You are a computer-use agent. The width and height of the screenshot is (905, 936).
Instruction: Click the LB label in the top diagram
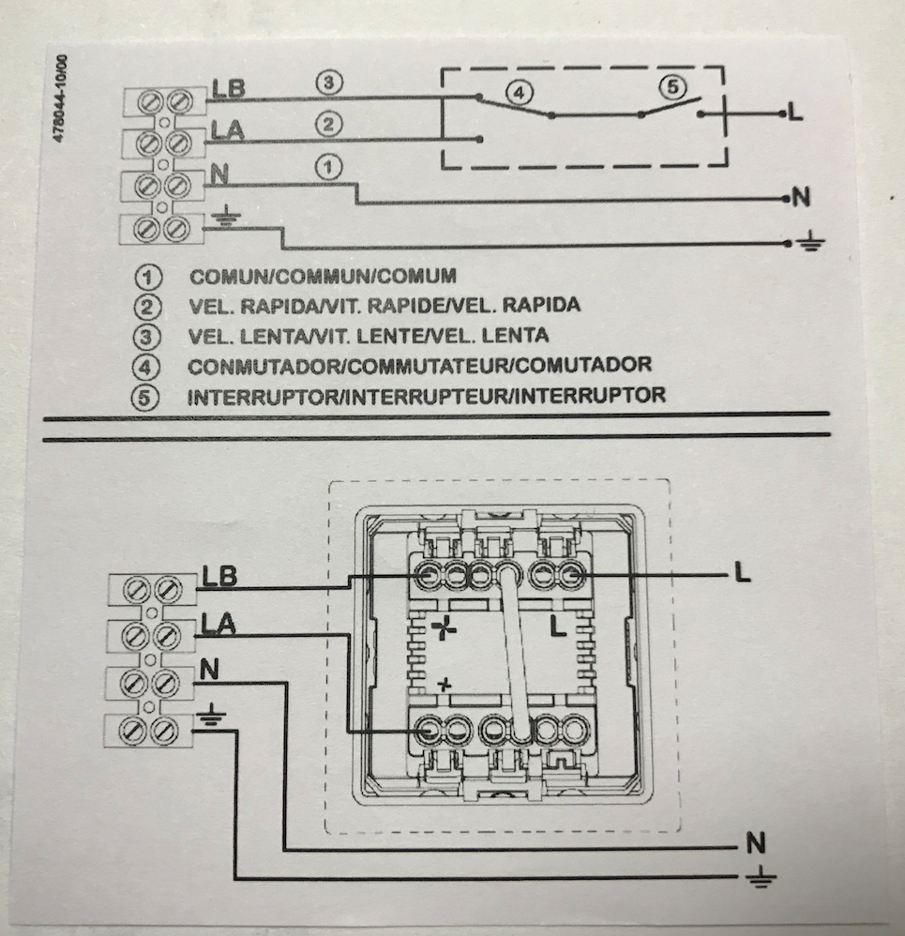(x=229, y=88)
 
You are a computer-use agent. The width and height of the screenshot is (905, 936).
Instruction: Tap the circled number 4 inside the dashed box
(x=519, y=93)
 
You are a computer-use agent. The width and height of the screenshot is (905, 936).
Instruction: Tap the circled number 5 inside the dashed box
(x=671, y=87)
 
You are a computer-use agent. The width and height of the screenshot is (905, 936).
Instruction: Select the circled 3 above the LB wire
(x=326, y=83)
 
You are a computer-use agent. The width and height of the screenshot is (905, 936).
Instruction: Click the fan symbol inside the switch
(x=444, y=628)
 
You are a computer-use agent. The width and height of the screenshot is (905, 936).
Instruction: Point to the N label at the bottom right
(x=756, y=843)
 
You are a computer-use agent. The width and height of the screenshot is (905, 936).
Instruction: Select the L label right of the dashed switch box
(x=795, y=113)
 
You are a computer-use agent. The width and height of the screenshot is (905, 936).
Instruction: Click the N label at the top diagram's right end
(x=800, y=198)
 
